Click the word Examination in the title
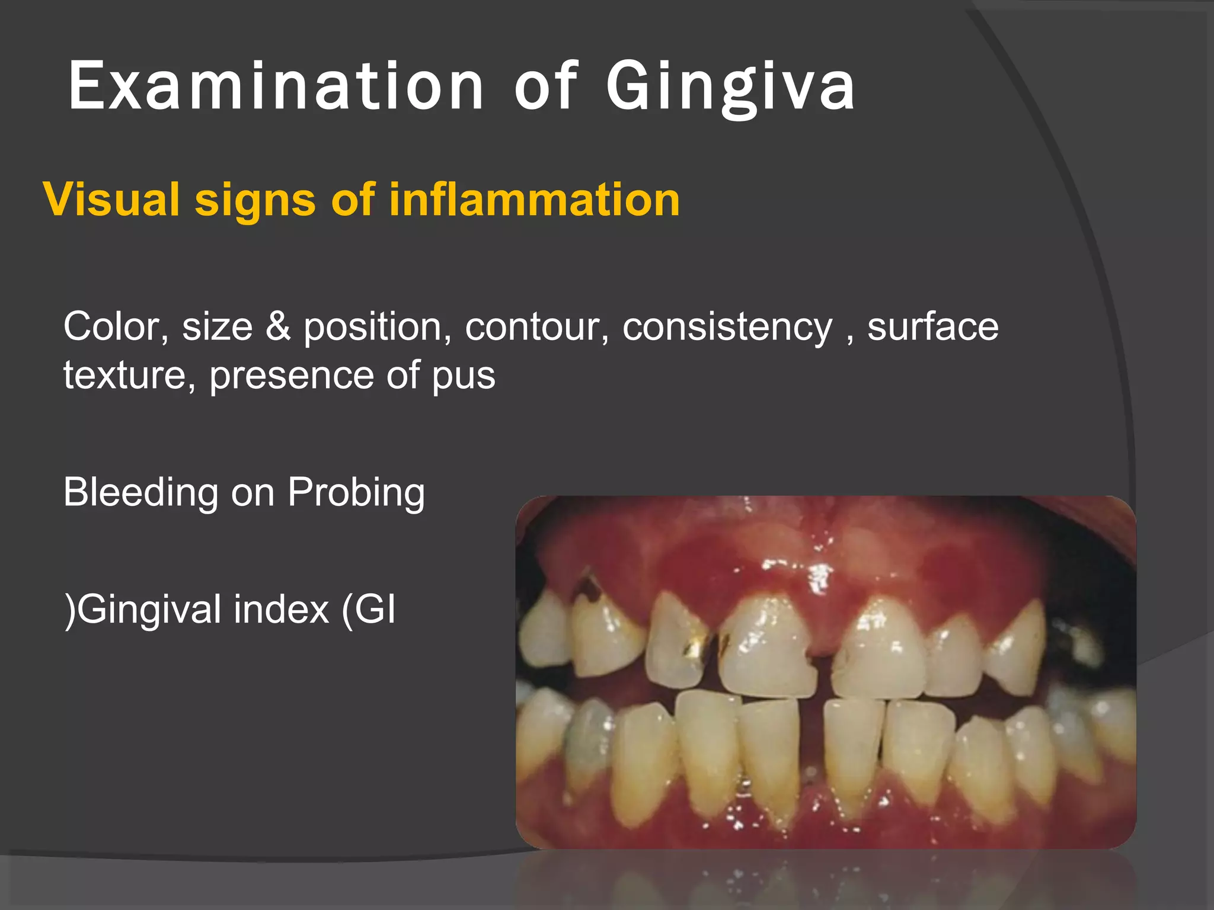point(276,87)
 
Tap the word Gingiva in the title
point(730,89)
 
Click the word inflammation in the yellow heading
point(534,199)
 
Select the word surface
point(932,327)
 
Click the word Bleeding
point(140,493)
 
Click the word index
point(281,609)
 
